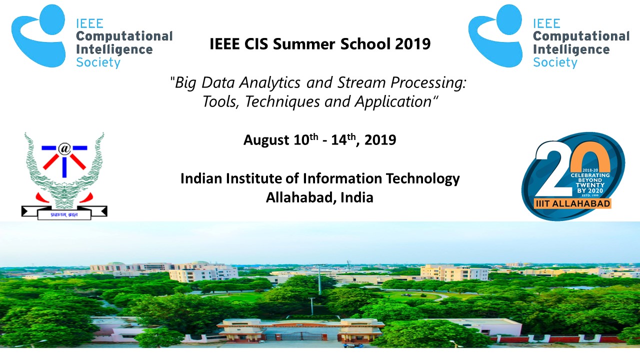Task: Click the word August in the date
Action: pyautogui.click(x=264, y=140)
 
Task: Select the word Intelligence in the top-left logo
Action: pyautogui.click(x=114, y=50)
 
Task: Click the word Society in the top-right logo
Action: pyautogui.click(x=555, y=62)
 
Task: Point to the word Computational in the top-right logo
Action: pyautogui.click(x=581, y=36)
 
